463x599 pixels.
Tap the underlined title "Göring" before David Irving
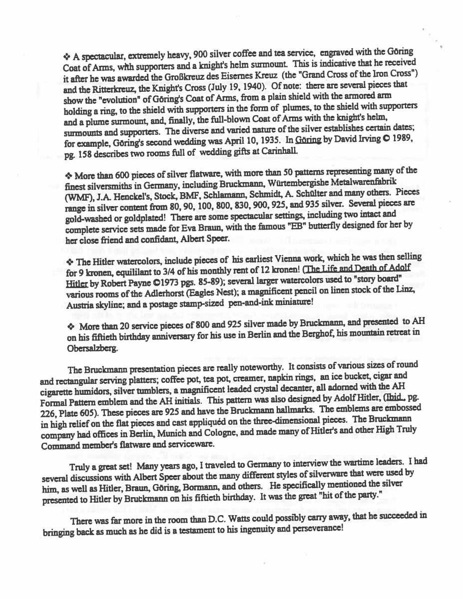pos(308,141)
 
